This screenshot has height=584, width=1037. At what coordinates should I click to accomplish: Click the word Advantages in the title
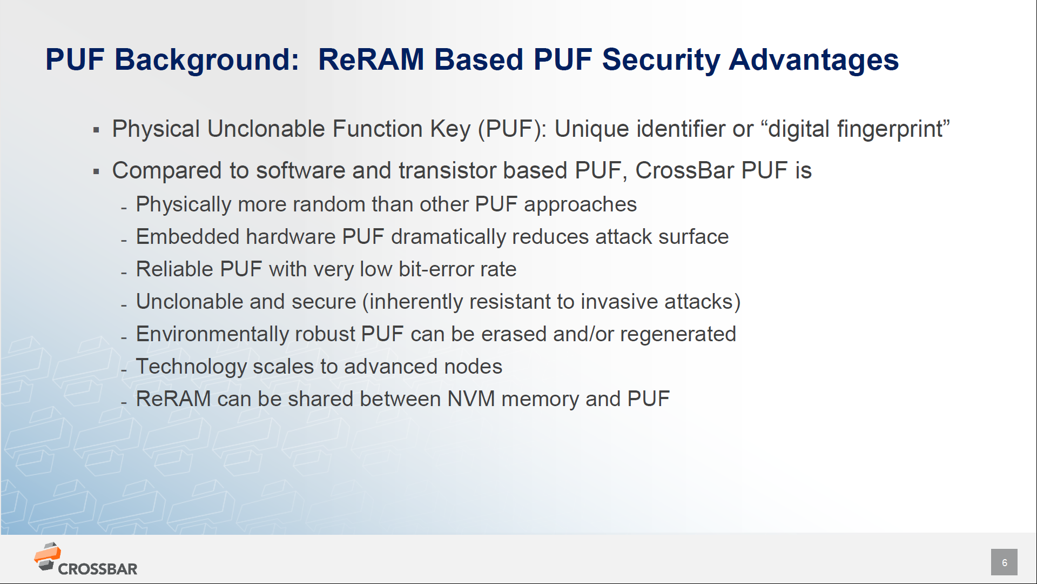[813, 60]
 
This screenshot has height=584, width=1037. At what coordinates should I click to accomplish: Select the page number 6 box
[1004, 562]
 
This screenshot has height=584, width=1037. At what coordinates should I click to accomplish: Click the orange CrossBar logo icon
[48, 556]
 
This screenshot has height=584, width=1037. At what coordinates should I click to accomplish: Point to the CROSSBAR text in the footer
[98, 569]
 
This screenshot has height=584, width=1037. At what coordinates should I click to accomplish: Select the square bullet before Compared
[96, 172]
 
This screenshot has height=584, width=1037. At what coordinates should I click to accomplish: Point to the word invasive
[619, 302]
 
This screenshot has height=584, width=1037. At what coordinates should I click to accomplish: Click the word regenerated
[678, 334]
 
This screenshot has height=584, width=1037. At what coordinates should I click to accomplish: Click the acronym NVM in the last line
[471, 399]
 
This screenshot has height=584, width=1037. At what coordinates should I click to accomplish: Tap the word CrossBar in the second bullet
[684, 171]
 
